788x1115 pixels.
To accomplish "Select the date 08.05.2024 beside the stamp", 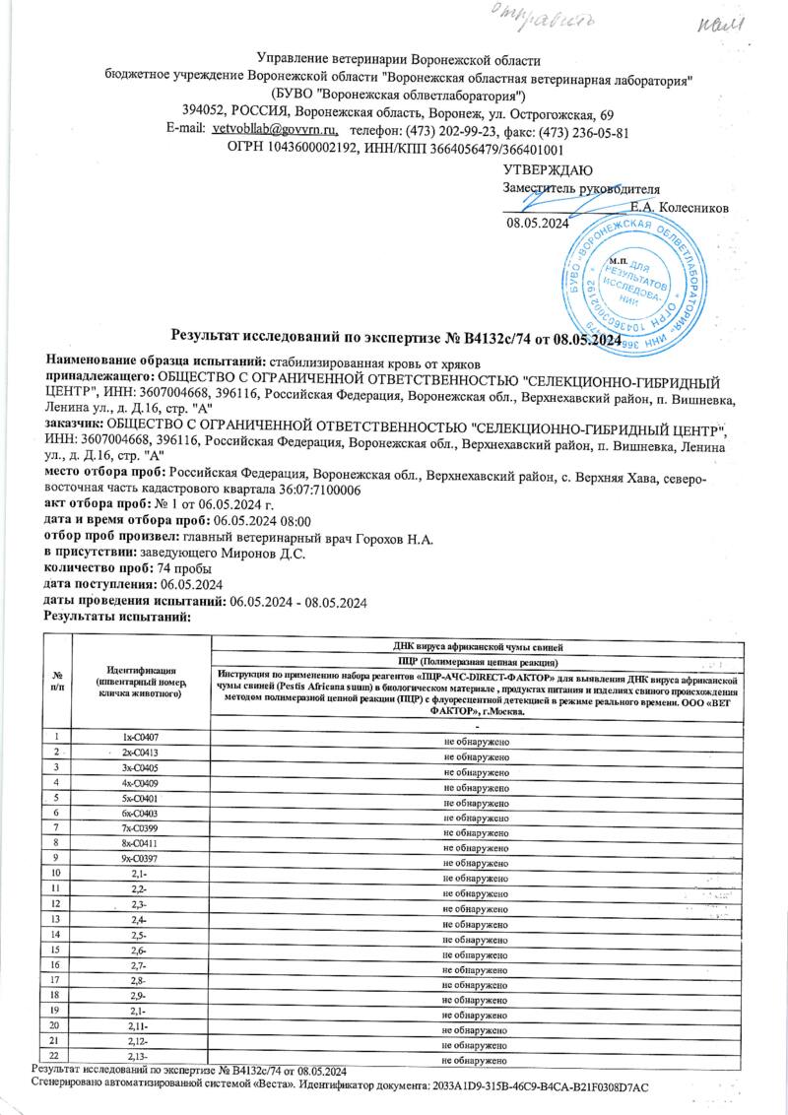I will (538, 223).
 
